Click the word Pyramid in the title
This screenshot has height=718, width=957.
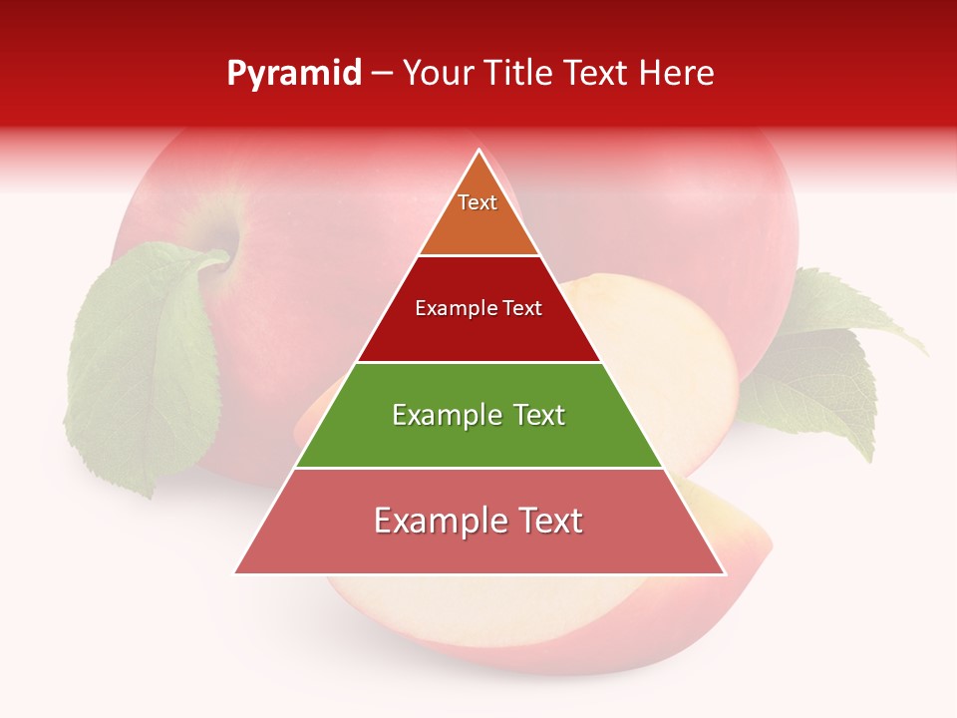tap(294, 74)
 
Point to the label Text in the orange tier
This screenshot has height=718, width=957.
tap(478, 202)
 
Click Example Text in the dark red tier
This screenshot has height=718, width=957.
tap(478, 308)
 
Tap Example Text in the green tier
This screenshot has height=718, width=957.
tap(478, 415)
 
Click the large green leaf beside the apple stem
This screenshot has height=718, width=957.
tap(145, 369)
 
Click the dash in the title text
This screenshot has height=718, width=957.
tap(382, 74)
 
